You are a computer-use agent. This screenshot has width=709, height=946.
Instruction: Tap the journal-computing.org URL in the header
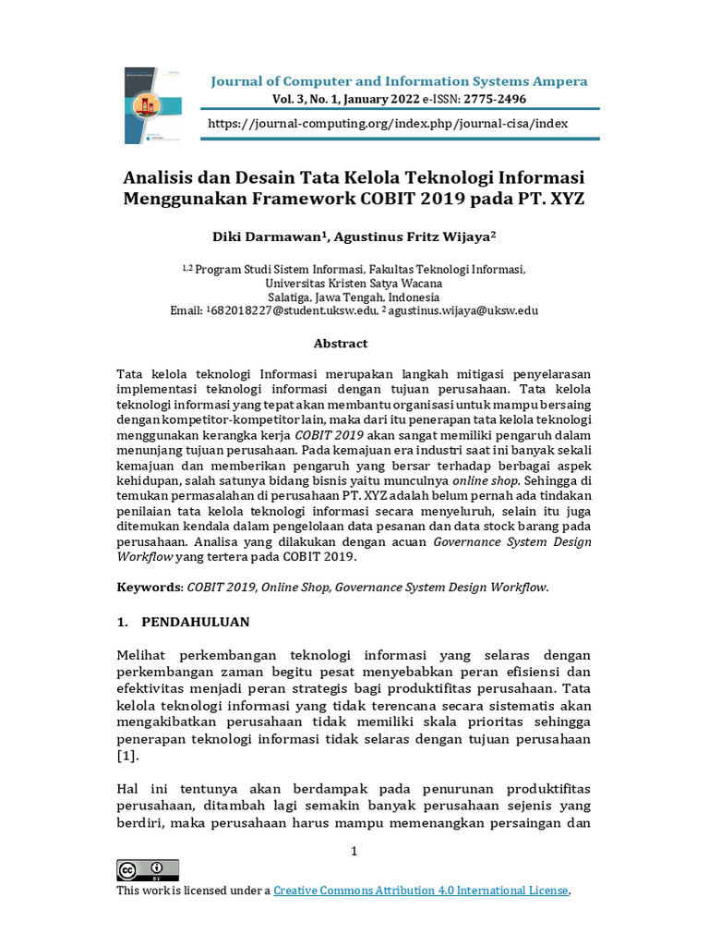388,123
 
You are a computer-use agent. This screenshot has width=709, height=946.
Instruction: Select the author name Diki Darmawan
268,236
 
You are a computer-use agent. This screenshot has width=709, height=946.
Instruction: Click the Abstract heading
341,344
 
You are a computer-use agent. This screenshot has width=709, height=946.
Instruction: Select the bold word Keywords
150,587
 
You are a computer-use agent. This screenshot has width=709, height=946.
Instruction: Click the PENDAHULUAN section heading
196,622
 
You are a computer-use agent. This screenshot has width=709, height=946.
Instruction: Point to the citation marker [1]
127,757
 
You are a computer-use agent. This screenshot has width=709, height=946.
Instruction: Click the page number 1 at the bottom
354,851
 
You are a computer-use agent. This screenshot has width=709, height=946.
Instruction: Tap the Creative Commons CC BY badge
148,869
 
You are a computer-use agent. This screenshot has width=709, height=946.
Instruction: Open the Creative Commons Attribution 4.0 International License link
421,891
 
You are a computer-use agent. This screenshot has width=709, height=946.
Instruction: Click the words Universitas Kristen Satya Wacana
354,283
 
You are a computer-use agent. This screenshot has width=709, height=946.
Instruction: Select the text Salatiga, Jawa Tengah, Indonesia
354,297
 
